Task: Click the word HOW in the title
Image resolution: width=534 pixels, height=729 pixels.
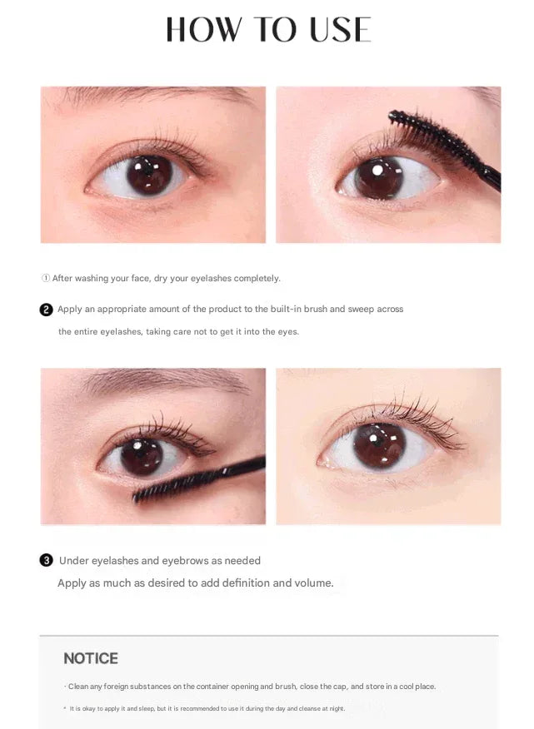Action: coord(203,29)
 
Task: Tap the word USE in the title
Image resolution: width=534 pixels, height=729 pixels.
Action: coord(341,29)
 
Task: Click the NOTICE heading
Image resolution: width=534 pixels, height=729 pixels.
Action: coord(91,658)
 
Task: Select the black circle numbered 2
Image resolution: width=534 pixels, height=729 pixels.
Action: coord(46,310)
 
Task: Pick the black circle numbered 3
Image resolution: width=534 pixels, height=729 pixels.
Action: coord(46,561)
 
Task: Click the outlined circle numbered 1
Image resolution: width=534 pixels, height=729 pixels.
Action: coord(46,278)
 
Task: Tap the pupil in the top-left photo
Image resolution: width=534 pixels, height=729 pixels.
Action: coord(149,175)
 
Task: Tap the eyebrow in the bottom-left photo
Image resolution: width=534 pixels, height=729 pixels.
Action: coord(167,379)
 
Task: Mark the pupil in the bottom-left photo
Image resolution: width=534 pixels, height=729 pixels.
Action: coord(142,457)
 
